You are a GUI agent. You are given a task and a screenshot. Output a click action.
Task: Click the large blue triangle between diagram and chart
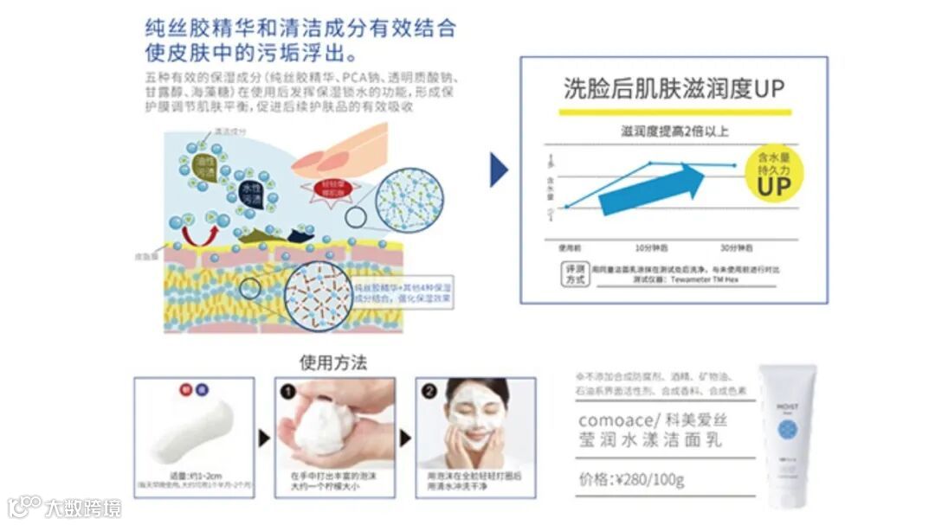pyautogui.click(x=498, y=170)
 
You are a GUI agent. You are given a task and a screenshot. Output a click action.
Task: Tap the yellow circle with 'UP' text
pyautogui.click(x=774, y=171)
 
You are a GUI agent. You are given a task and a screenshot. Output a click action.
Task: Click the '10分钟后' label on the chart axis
pyautogui.click(x=651, y=247)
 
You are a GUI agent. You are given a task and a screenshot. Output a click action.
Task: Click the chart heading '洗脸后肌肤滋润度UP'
pyautogui.click(x=674, y=89)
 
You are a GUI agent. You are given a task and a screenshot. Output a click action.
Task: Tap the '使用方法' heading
pyautogui.click(x=333, y=362)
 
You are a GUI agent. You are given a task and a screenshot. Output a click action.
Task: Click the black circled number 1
pyautogui.click(x=288, y=390)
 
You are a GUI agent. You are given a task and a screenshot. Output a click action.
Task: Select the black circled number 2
pyautogui.click(x=429, y=390)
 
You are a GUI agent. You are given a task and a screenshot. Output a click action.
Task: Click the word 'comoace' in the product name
pyautogui.click(x=609, y=419)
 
